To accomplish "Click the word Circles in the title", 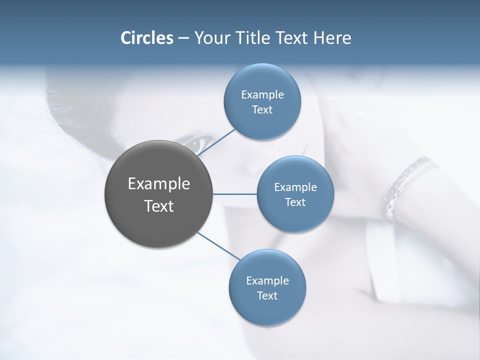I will point(146,38).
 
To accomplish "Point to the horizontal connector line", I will point(235,194).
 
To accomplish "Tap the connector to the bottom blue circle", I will point(218,245).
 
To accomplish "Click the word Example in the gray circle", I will point(159,184).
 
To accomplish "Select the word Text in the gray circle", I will point(159,206).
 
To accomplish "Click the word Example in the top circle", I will point(262,95).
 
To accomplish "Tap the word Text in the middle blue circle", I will point(295,202).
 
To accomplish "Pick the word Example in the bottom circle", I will point(267,280).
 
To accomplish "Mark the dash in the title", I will point(183,38).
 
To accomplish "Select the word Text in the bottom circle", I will point(267,295).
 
